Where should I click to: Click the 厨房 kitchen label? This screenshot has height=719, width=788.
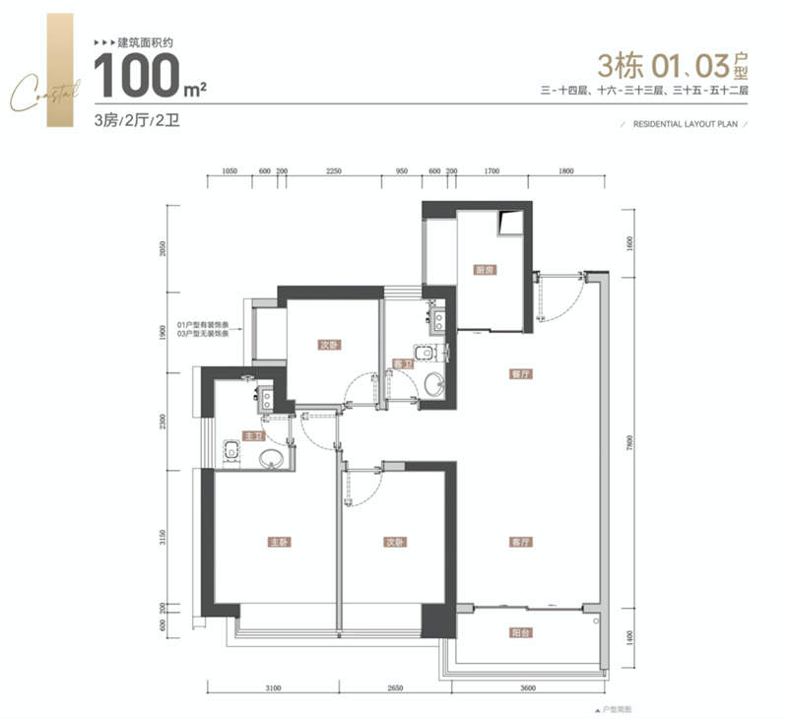pos(483,269)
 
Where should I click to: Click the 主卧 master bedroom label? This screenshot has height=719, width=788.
pos(279,543)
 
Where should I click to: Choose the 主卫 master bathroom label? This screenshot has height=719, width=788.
pos(254,435)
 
